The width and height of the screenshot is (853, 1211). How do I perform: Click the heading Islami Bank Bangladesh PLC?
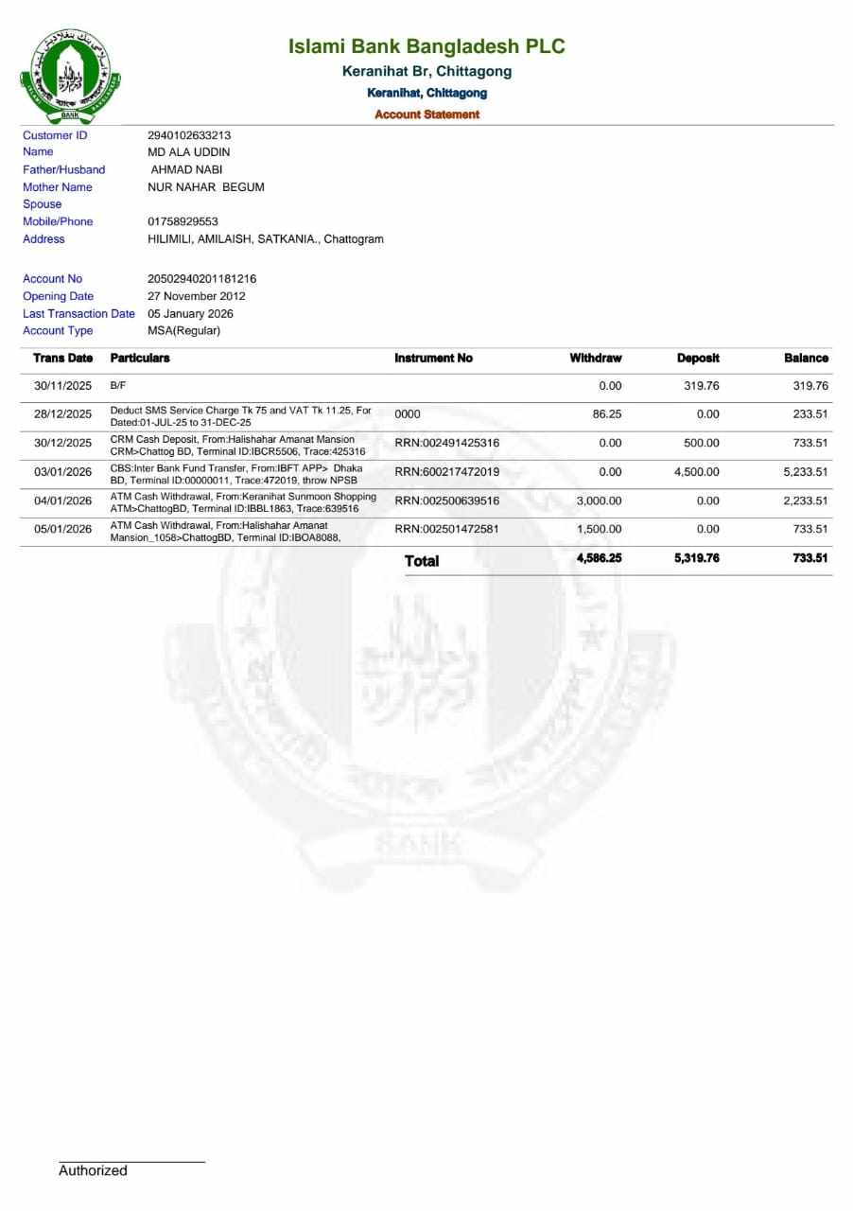point(426,46)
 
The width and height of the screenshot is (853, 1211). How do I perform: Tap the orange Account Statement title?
point(426,114)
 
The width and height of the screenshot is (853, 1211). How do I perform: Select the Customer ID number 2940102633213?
point(189,135)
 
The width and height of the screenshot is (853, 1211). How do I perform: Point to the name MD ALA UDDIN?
point(189,152)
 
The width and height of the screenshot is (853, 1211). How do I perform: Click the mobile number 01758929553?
point(183,221)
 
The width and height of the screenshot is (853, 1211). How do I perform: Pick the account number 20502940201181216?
point(201,279)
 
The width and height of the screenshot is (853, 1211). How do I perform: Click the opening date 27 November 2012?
point(197,296)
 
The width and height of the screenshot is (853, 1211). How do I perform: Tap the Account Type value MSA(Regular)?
point(183,331)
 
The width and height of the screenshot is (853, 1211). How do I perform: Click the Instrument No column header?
point(433,359)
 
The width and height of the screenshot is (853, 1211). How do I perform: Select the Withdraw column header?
point(595,359)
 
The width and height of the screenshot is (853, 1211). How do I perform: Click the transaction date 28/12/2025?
point(62,414)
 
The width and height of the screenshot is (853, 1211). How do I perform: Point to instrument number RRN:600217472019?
point(446,472)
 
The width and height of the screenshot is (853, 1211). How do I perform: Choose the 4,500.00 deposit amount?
point(696,472)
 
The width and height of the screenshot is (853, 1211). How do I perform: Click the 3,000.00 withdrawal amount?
point(599,500)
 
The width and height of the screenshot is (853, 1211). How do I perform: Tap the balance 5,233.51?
point(805,472)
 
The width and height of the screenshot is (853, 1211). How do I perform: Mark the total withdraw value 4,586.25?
point(599,558)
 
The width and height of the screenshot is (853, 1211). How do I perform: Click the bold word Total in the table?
point(422,561)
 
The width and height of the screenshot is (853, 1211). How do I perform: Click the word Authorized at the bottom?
point(93,1170)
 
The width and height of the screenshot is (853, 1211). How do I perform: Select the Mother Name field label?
point(58,187)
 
